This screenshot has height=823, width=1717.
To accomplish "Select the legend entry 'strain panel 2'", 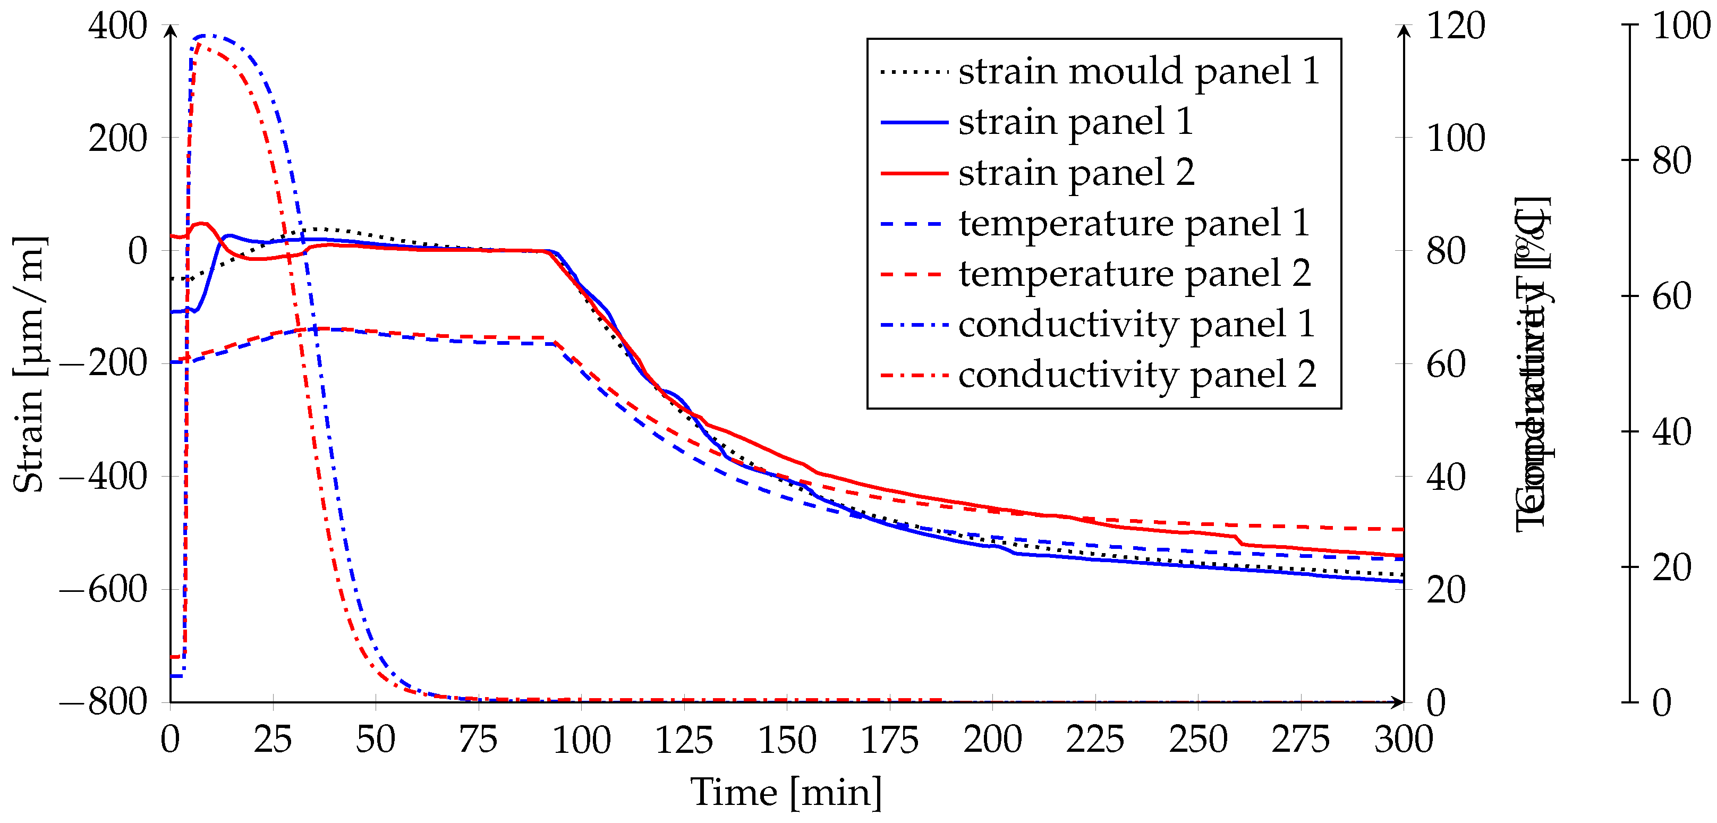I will [x=1076, y=173].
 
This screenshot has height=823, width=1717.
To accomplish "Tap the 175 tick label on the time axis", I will [x=890, y=740].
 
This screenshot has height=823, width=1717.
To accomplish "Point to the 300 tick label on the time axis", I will [x=1403, y=740].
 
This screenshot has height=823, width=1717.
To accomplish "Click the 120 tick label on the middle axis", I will [x=1456, y=27].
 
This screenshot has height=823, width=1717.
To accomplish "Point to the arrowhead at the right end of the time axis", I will [x=1399, y=702].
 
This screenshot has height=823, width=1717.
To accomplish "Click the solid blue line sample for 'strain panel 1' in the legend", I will [x=914, y=123].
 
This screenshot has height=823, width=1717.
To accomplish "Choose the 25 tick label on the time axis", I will [x=273, y=740].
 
